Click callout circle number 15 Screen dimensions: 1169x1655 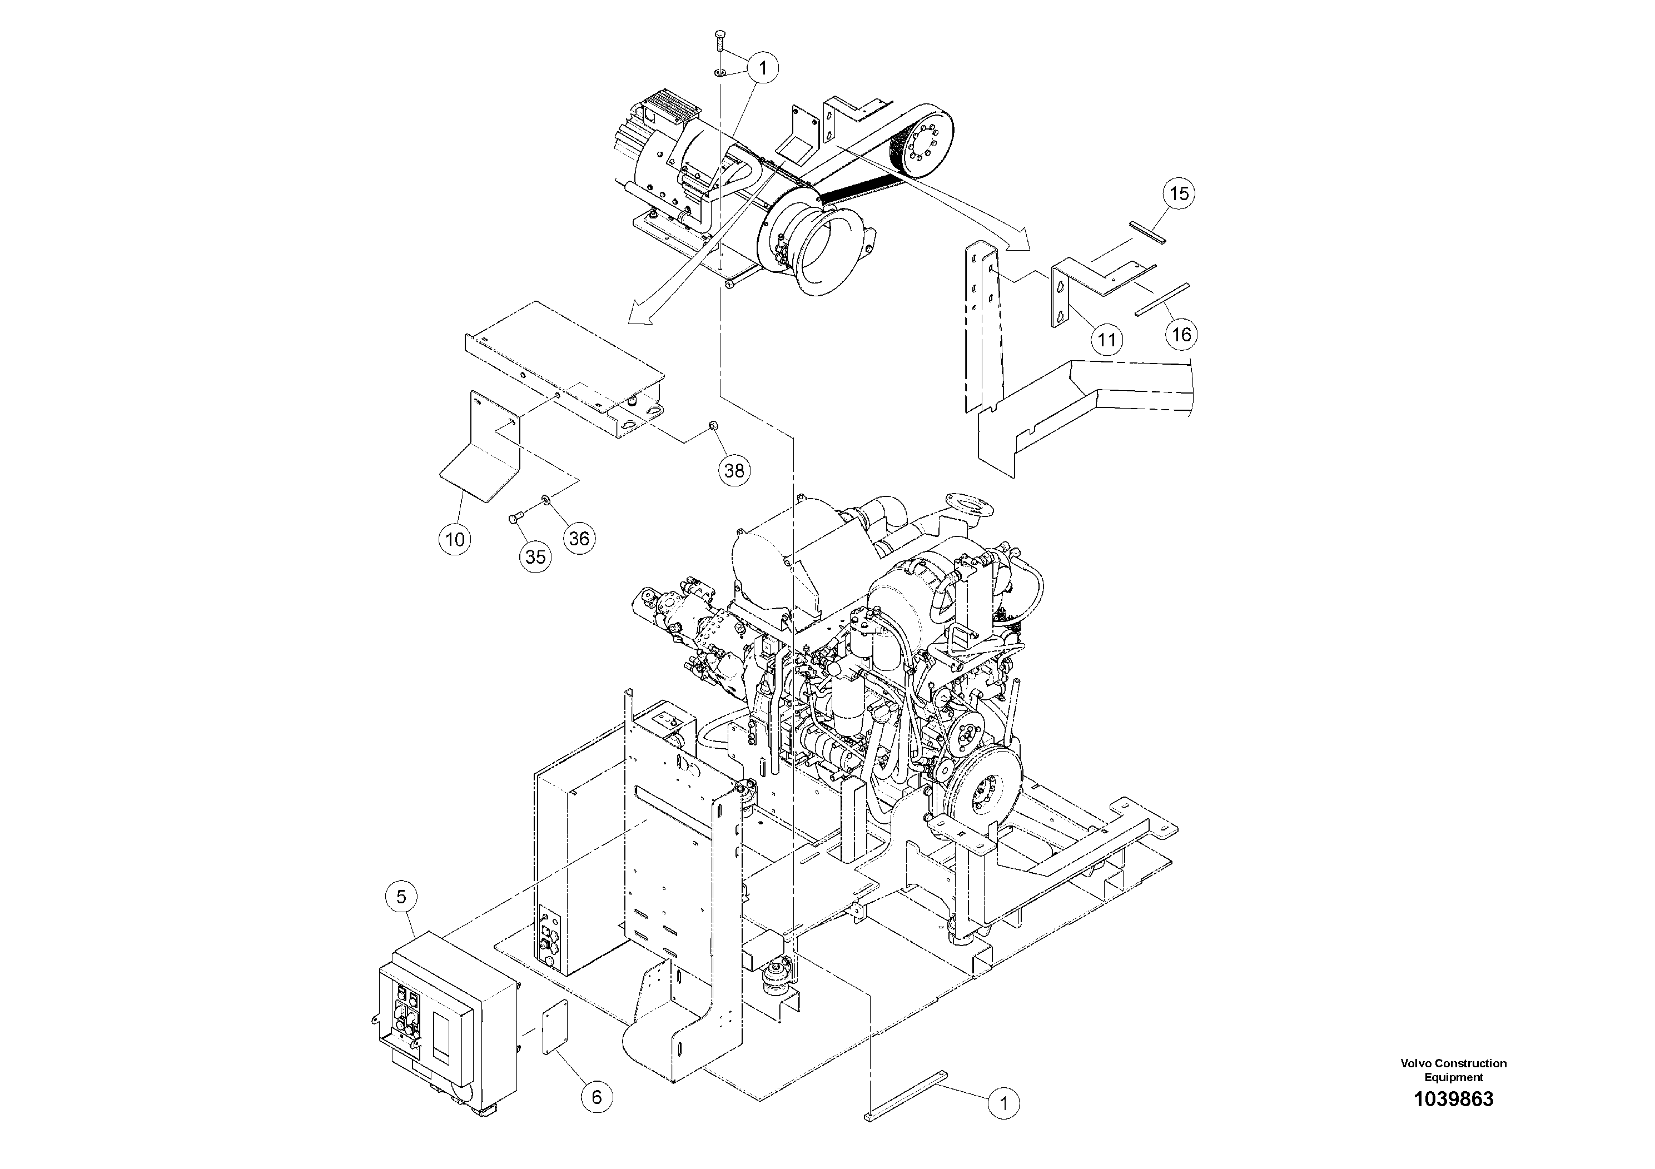tap(1179, 194)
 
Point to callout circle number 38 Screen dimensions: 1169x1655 tap(734, 471)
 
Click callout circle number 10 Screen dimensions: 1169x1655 tap(455, 539)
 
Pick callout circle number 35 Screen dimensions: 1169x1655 tap(535, 557)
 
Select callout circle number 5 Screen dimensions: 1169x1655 tap(401, 897)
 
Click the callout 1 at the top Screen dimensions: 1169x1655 tap(763, 69)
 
